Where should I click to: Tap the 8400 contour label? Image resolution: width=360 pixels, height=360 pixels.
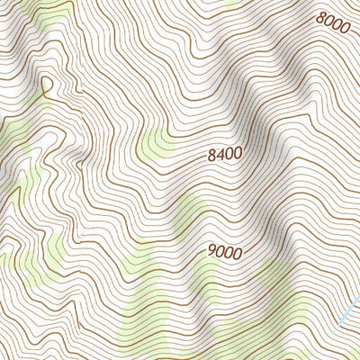(224, 155)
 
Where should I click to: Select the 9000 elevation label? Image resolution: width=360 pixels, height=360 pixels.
(224, 253)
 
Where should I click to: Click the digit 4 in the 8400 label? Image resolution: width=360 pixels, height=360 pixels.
(220, 155)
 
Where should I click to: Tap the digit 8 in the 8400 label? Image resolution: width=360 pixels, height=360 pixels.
(211, 155)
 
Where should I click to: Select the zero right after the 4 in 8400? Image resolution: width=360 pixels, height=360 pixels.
(229, 155)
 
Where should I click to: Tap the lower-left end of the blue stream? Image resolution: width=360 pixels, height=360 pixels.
(340, 325)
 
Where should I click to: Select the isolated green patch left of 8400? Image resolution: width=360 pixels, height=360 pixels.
(157, 144)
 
